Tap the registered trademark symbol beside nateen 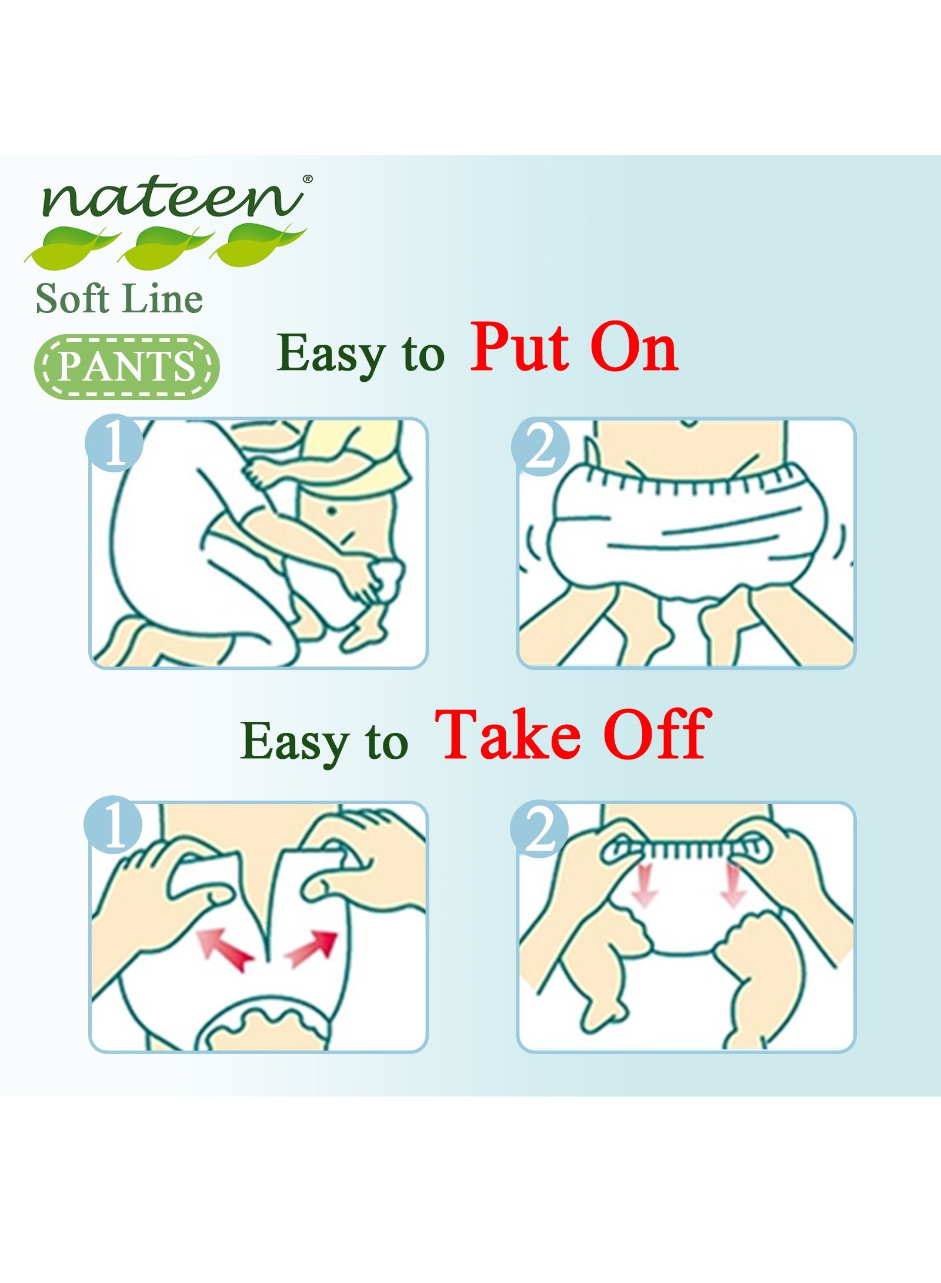(307, 178)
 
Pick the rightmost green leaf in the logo (259, 244)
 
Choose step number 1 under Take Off (114, 831)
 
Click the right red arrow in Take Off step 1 (312, 949)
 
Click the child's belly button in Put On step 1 (333, 512)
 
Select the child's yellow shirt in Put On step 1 (353, 459)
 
